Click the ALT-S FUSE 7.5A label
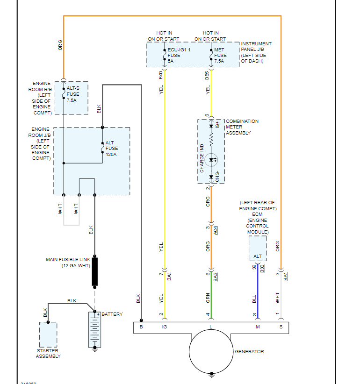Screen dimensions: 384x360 pyautogui.click(x=74, y=94)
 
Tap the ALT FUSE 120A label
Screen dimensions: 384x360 pyautogui.click(x=112, y=149)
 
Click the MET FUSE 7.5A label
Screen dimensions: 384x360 pyautogui.click(x=219, y=55)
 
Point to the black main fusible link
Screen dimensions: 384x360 pyautogui.click(x=95, y=271)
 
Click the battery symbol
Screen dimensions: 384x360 pyautogui.click(x=95, y=330)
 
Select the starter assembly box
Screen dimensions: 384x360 pyautogui.click(x=48, y=334)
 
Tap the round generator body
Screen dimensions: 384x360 pyautogui.click(x=211, y=352)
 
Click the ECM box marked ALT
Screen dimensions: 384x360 pyautogui.click(x=258, y=249)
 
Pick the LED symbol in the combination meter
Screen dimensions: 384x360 pyautogui.click(x=212, y=160)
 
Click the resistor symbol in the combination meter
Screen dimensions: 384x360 pyautogui.click(x=211, y=139)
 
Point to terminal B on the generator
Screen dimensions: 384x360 pyautogui.click(x=141, y=327)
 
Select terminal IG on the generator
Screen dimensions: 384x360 pyautogui.click(x=164, y=327)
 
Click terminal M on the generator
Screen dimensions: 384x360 pyautogui.click(x=258, y=327)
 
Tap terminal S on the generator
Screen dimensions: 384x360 pyautogui.click(x=281, y=327)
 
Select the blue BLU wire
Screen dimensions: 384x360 pyautogui.click(x=258, y=294)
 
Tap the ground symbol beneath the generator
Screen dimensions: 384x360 pyautogui.click(x=212, y=374)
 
